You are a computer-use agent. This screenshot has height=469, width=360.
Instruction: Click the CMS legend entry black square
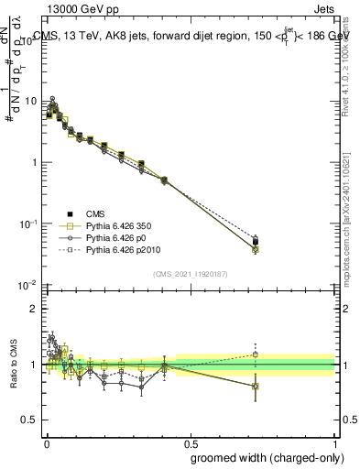coord(65,213)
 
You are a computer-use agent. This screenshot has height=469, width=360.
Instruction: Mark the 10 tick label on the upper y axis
coord(29,101)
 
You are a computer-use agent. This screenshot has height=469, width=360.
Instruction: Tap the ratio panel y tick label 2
coord(35,309)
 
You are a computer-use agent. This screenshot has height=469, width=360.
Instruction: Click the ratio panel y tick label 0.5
coord(31,420)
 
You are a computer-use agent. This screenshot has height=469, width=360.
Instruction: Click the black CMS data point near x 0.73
coord(256,242)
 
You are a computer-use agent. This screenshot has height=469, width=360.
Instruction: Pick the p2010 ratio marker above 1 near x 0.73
coord(256,354)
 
